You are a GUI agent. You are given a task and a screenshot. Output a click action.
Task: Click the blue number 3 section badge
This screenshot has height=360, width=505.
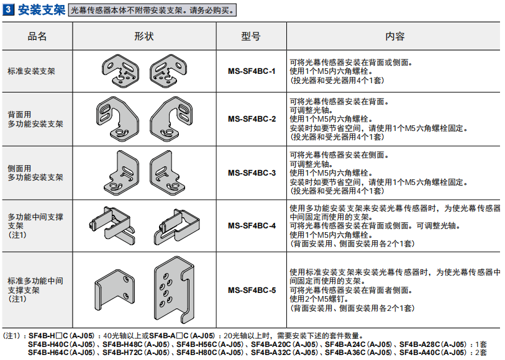(x=8, y=9)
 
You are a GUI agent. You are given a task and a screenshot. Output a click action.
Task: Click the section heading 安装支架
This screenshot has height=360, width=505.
(x=42, y=10)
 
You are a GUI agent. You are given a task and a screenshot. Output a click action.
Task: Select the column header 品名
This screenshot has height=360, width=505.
(x=37, y=37)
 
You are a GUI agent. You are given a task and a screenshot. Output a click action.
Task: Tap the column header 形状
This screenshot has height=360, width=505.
(x=144, y=37)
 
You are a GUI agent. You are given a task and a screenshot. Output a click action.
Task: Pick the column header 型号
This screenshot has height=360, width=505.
(x=251, y=37)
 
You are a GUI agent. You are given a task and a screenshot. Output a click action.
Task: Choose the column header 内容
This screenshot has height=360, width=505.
(x=395, y=37)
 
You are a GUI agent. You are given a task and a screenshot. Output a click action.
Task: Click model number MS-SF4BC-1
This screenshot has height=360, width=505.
(x=252, y=71)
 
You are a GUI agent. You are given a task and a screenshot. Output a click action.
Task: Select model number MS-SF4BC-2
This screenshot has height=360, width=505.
(x=252, y=119)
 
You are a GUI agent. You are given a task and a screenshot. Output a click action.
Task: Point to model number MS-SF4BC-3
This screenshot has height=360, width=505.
(x=252, y=173)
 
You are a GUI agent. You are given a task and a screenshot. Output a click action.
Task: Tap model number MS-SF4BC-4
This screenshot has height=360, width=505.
(x=252, y=226)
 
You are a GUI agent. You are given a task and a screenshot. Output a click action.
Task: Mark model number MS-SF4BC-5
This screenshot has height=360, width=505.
(x=252, y=290)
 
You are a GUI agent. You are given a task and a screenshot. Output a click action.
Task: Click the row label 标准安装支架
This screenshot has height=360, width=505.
(x=31, y=71)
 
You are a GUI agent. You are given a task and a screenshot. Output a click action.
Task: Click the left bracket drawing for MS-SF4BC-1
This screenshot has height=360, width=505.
(x=121, y=71)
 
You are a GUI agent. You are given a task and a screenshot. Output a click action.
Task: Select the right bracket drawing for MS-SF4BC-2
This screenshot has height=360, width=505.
(x=171, y=119)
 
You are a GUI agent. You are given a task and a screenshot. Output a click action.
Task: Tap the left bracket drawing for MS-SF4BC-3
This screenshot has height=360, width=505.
(x=121, y=173)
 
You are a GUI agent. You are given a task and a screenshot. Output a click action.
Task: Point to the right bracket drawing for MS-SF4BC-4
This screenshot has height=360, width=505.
(x=176, y=226)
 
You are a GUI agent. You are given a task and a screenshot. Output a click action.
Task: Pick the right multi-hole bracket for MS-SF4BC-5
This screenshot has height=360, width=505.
(x=175, y=290)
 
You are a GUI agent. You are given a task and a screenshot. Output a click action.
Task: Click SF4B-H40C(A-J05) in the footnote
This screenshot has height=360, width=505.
(x=61, y=344)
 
